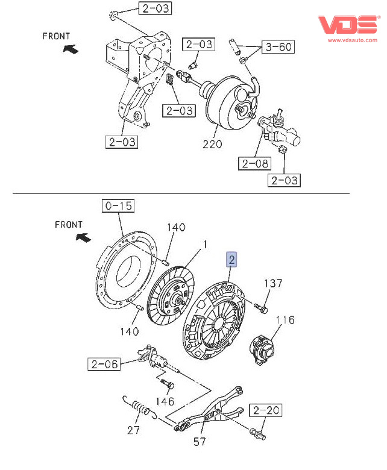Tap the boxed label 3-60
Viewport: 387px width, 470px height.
[x=278, y=47]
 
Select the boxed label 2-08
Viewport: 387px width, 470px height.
[x=253, y=163]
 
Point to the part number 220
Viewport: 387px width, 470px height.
[x=212, y=144]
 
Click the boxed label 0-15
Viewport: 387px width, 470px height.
[x=118, y=207]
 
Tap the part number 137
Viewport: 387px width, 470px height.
[x=272, y=283]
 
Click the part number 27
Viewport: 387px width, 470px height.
[x=133, y=430]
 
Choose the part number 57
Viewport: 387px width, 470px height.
[x=200, y=442]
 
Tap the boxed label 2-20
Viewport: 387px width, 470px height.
[x=266, y=411]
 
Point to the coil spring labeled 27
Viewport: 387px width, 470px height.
[x=140, y=408]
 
